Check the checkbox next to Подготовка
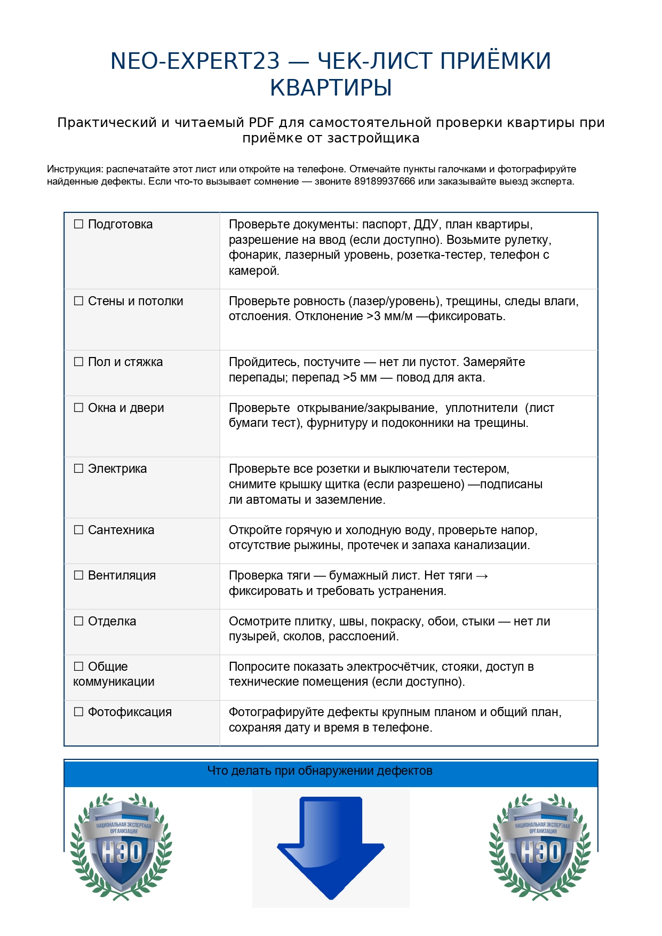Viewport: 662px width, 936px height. point(78,224)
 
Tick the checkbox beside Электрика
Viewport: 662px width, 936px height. point(78,469)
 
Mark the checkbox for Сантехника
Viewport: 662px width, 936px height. point(78,530)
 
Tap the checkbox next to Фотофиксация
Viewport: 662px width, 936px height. point(78,712)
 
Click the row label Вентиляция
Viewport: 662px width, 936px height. point(122,575)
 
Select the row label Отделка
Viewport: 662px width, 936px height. point(112,621)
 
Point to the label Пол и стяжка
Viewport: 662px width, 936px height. point(125,362)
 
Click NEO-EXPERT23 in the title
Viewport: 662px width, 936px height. point(195,61)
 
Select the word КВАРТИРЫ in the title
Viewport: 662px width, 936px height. point(331,88)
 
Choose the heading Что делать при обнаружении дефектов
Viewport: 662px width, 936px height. point(320,771)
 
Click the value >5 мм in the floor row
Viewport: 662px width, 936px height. point(360,378)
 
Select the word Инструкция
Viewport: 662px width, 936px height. point(74,169)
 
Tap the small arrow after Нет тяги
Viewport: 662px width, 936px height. point(482,576)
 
